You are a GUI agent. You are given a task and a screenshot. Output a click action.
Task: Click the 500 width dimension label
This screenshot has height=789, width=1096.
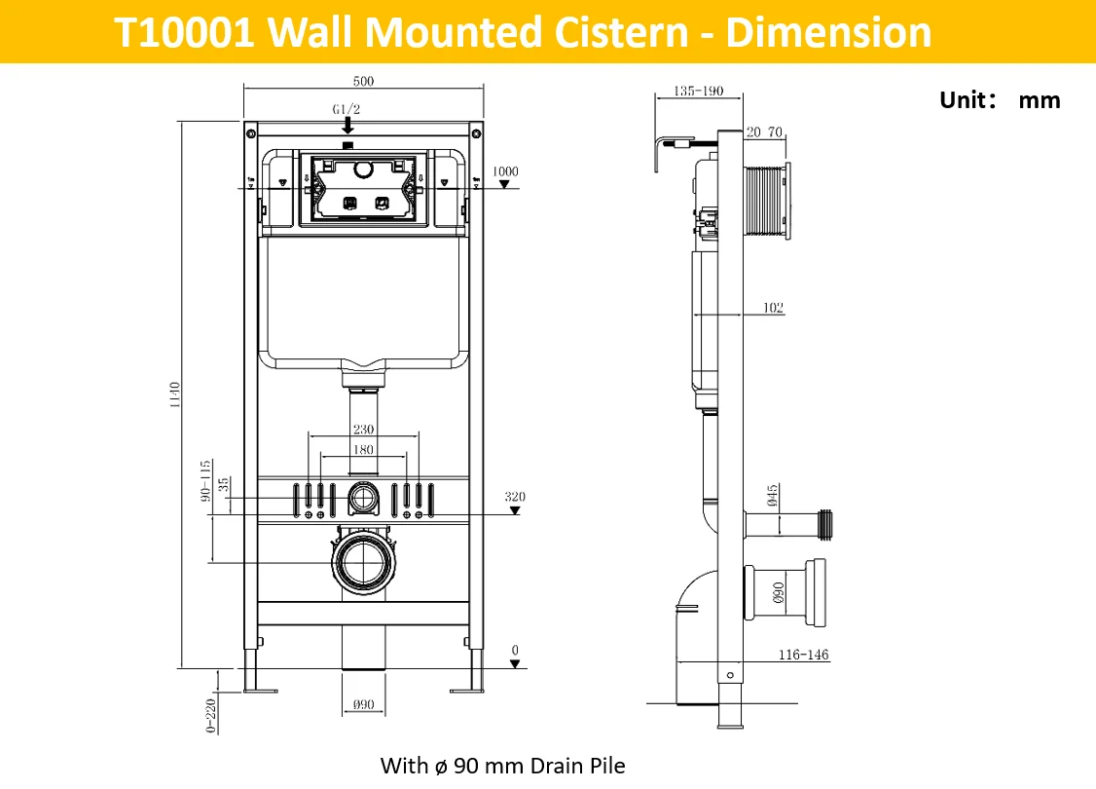click(x=363, y=81)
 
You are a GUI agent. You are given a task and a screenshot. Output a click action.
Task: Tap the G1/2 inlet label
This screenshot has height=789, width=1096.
click(x=346, y=109)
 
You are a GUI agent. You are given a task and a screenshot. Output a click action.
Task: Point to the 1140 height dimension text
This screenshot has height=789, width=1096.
click(x=175, y=395)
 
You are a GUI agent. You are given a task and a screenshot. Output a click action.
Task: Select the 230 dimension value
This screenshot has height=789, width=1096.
click(x=363, y=429)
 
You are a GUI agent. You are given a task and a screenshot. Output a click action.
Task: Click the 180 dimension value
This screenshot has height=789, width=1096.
click(x=363, y=450)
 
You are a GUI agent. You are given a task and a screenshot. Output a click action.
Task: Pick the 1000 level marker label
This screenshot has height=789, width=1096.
click(x=505, y=171)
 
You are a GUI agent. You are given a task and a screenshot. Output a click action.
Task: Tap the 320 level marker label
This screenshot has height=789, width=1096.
click(x=515, y=497)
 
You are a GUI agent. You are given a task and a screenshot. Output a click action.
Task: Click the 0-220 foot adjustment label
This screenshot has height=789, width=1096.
click(x=210, y=716)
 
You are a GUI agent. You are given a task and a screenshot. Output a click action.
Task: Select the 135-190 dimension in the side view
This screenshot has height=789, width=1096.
click(x=698, y=91)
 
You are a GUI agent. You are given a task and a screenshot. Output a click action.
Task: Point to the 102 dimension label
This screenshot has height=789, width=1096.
click(x=773, y=308)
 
